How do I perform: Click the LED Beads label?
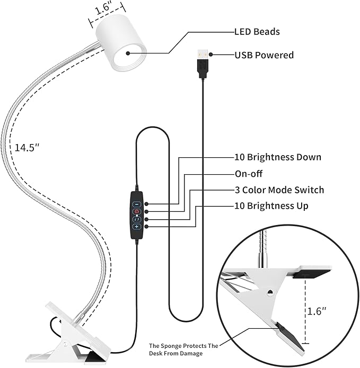257,32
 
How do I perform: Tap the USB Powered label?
264,55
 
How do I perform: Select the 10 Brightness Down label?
278,157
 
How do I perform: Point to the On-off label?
248,174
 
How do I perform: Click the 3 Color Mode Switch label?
279,190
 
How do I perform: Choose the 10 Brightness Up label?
271,205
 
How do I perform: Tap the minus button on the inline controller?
136,204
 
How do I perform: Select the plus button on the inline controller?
136,227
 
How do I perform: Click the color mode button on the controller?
136,219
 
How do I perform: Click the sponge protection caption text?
183,349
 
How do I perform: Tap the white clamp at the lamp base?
80,334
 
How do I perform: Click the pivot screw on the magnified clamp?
270,291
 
